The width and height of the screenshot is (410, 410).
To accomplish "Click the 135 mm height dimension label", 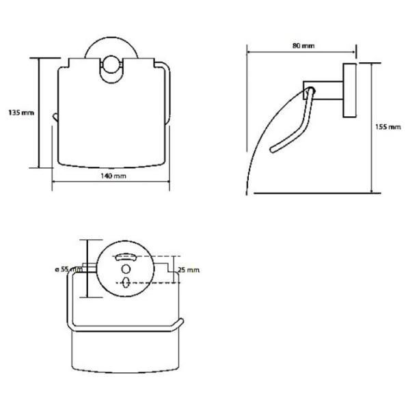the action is (21, 113).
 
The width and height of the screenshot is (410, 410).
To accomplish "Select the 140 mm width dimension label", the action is (113, 176).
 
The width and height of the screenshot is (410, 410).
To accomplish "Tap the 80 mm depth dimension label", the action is (303, 46).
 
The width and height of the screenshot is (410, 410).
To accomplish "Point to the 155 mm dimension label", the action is (388, 127).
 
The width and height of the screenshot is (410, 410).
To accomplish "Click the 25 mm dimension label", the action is (189, 270).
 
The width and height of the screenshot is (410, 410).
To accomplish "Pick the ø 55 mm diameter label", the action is (68, 269).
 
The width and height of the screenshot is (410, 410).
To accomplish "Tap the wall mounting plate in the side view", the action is (350, 90).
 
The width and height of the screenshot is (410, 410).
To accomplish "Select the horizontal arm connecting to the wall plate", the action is (323, 90).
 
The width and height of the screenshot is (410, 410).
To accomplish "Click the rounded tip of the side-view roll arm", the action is (273, 150).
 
